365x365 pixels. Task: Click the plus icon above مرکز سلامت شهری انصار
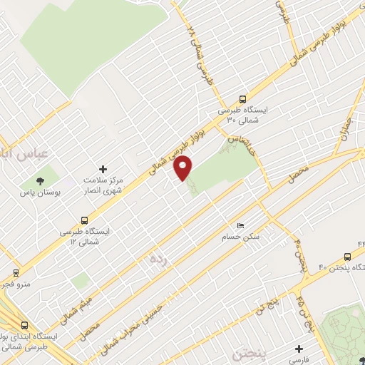[103, 169]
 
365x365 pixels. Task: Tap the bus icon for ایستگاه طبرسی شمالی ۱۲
[86, 220]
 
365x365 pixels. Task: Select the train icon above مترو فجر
[16, 273]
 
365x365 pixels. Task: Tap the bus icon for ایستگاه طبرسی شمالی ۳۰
[242, 100]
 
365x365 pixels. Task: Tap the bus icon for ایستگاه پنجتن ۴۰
[347, 257]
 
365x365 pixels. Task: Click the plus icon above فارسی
[300, 349]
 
